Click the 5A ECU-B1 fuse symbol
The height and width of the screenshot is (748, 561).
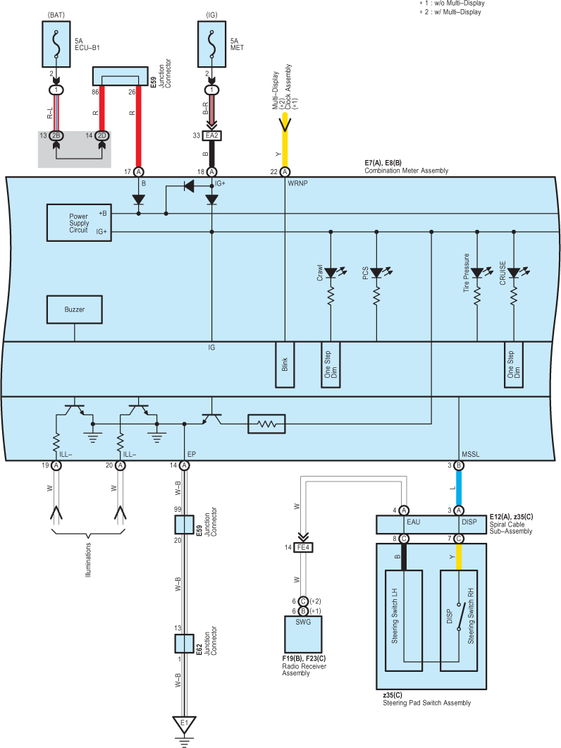tap(56, 44)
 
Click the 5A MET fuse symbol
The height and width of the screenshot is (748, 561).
tap(212, 44)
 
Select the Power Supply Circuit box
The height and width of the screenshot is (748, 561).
tap(79, 223)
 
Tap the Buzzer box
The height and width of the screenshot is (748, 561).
tap(75, 309)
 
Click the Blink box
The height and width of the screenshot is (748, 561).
tap(285, 364)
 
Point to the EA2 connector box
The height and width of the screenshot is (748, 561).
tap(212, 136)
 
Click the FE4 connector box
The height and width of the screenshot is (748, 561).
tap(303, 548)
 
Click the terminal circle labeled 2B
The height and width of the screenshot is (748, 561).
tap(56, 136)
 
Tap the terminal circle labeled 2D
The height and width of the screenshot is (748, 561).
tap(102, 136)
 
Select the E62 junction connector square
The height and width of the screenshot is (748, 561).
tap(184, 644)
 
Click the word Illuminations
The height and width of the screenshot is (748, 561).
tap(88, 560)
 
